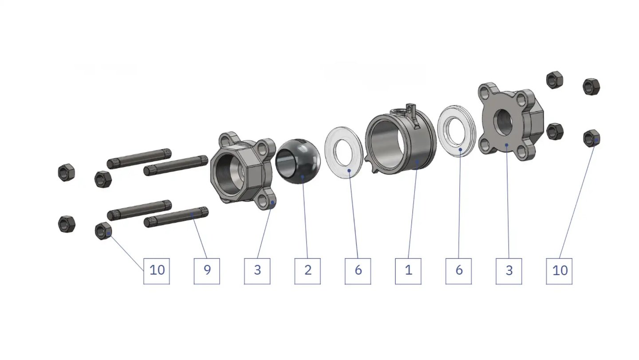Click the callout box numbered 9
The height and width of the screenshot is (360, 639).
click(x=207, y=271)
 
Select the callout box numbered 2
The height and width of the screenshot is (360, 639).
click(x=308, y=271)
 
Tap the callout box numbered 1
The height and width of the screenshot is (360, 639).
click(x=408, y=271)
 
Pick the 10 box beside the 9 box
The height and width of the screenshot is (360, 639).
click(x=157, y=271)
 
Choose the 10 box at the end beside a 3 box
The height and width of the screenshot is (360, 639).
click(x=559, y=271)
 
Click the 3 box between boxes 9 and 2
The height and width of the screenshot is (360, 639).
click(x=257, y=271)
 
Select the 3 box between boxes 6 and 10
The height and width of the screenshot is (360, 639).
click(x=509, y=271)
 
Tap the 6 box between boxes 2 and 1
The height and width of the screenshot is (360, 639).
click(x=358, y=271)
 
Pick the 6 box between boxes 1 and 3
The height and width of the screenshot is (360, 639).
click(x=459, y=271)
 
